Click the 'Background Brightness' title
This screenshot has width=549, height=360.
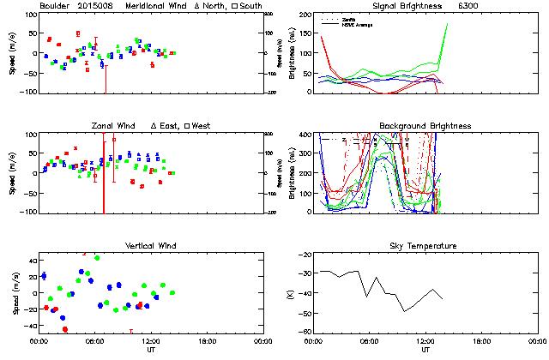pos(425,126)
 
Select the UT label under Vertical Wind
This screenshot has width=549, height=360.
pos(151,350)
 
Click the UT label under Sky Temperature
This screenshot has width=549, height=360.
pos(425,350)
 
